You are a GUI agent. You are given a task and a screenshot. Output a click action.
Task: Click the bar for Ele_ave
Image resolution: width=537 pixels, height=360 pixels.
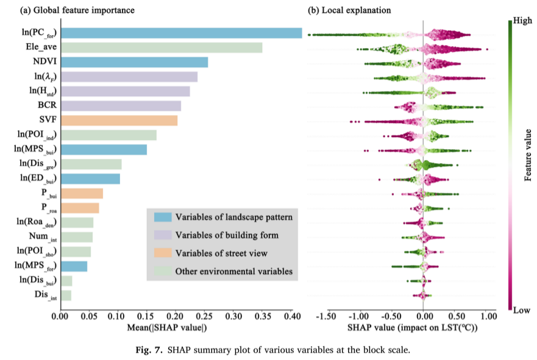point(161,48)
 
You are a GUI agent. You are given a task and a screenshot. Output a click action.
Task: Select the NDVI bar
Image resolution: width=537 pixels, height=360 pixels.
point(133,62)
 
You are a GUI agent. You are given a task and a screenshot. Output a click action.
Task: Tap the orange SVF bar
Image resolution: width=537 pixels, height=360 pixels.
point(118,121)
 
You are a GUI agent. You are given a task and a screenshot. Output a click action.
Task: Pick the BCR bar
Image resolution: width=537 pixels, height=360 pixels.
point(120,106)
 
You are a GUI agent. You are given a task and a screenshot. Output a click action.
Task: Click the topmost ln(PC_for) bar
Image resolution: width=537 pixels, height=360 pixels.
point(181,33)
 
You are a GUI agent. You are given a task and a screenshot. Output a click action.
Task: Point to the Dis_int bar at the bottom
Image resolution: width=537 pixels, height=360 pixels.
point(65,295)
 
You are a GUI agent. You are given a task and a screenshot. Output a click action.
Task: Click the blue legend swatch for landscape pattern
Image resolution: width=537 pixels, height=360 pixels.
point(162,217)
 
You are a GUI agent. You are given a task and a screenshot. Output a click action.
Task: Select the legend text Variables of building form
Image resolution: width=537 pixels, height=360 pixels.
point(227,235)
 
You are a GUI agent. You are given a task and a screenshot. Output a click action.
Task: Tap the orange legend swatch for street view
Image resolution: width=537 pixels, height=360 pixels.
point(162,253)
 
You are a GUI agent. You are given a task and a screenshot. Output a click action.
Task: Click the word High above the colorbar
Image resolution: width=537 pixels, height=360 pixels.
point(523,20)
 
